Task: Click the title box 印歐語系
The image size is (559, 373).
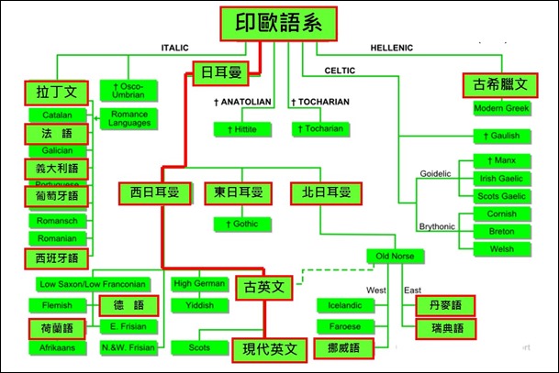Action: point(279,23)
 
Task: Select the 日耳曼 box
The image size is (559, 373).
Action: point(221,72)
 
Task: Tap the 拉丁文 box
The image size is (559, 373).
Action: point(57,92)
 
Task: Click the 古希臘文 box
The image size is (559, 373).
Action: point(501,85)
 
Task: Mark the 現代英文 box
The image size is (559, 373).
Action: point(269,348)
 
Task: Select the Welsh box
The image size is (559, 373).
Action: point(502,248)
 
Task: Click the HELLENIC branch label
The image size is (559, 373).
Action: point(391,48)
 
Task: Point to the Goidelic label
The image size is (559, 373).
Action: point(436,171)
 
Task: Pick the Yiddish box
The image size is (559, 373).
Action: point(199,305)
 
